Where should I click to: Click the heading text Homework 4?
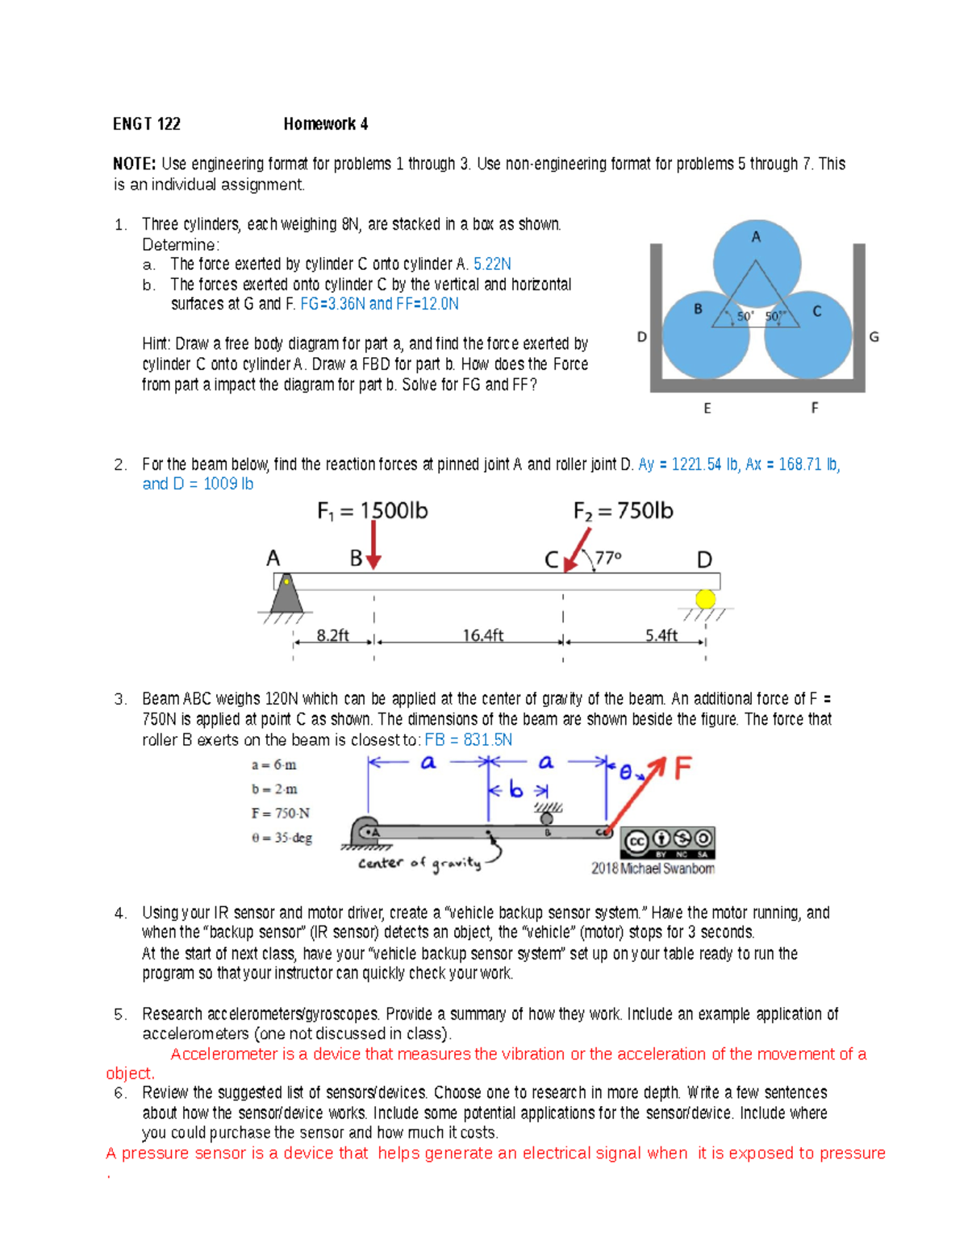[x=325, y=124]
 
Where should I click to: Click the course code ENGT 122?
[x=147, y=124]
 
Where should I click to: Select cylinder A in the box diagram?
[x=756, y=256]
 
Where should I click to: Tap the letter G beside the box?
[x=874, y=337]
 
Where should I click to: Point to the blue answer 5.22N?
[x=492, y=264]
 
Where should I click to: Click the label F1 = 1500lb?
[x=372, y=511]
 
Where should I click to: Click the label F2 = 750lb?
[x=623, y=511]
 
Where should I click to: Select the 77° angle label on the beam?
[x=608, y=558]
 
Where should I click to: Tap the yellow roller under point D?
[x=706, y=599]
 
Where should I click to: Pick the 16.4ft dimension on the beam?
[x=482, y=635]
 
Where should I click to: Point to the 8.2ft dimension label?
[x=332, y=635]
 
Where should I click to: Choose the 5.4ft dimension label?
[x=661, y=635]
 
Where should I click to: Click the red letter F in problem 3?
[x=682, y=768]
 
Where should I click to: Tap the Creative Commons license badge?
[x=668, y=842]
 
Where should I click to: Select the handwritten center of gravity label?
[x=419, y=863]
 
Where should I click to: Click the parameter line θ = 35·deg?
[x=282, y=838]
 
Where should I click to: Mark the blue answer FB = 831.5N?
[x=469, y=740]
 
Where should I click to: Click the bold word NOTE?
[x=134, y=164]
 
